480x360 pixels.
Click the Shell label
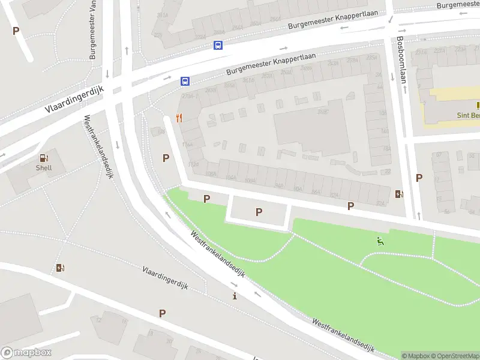point(43,168)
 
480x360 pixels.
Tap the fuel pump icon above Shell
point(43,158)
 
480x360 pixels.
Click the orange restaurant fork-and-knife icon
point(179,118)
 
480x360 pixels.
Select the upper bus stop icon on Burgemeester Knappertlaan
point(218,45)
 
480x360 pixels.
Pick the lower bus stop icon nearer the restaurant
point(185,81)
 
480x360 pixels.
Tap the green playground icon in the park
point(380,242)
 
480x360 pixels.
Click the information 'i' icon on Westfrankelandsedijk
point(235,296)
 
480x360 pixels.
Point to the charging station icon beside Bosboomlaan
point(400,193)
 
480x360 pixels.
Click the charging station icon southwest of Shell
point(60,268)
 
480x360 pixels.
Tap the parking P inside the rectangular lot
point(259,211)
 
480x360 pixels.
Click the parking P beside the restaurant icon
point(166,158)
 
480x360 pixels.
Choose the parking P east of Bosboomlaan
point(419,178)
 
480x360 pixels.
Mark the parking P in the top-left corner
point(16,31)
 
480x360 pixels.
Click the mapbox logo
point(26,353)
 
